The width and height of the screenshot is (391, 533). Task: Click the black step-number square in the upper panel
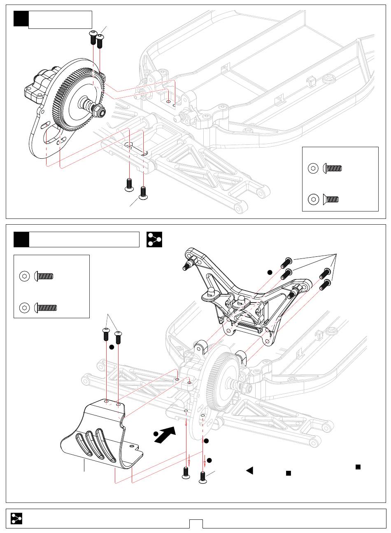point(21,19)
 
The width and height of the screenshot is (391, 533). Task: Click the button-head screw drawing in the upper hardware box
point(333,168)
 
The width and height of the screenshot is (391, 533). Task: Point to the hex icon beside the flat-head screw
point(314,199)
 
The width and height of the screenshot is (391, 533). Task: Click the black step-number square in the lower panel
point(21,239)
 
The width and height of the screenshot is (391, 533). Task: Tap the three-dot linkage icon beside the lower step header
point(154,239)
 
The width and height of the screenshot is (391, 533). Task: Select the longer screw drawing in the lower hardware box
point(46,307)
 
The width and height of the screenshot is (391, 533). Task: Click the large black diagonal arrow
point(165,435)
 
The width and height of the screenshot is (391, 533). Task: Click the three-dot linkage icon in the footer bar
point(16,518)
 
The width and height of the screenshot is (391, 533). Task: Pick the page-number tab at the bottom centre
point(196,524)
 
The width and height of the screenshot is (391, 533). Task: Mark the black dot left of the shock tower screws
point(270,272)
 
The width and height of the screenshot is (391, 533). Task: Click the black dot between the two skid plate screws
point(112,347)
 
